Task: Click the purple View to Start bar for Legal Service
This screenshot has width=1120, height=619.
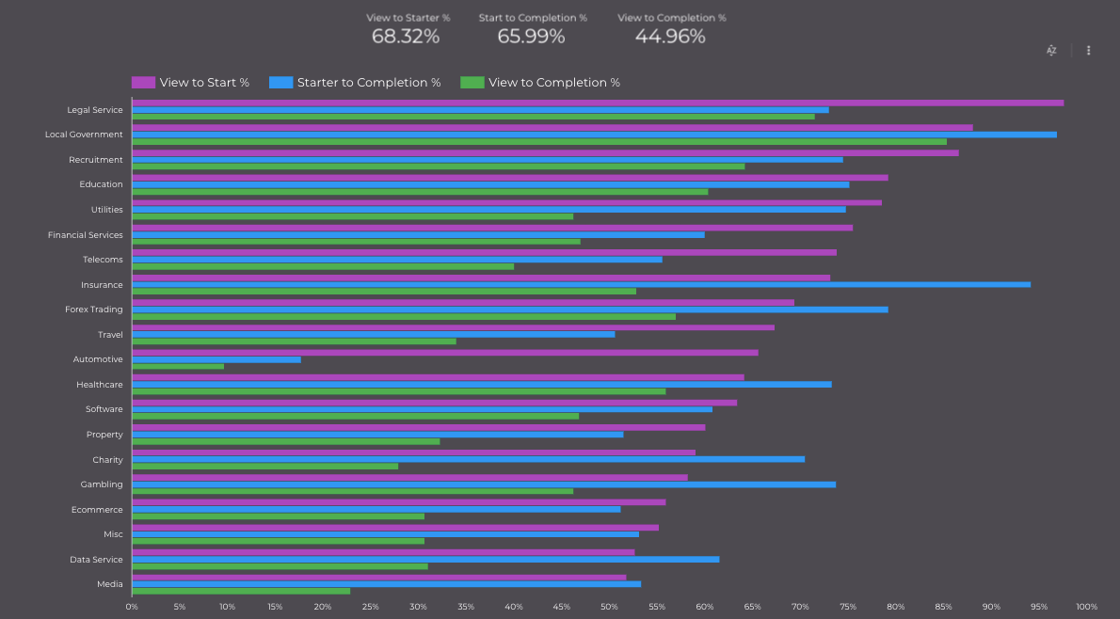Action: (x=598, y=103)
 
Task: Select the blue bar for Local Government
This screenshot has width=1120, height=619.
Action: (x=594, y=135)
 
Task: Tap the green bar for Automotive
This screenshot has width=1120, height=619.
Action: (x=178, y=366)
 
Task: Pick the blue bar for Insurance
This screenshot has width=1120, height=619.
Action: (x=581, y=284)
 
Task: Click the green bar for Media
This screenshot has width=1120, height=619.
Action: (x=241, y=591)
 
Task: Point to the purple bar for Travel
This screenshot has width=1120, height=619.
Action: (x=453, y=327)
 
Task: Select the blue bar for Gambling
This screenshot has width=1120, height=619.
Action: (x=484, y=484)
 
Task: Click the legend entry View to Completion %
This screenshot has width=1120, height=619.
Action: (x=553, y=83)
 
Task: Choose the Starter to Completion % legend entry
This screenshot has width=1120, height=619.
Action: (x=368, y=83)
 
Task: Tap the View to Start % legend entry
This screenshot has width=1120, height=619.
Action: (x=203, y=83)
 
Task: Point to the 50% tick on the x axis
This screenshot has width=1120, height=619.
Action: (x=609, y=607)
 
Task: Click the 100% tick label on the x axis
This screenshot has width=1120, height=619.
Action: (x=1086, y=607)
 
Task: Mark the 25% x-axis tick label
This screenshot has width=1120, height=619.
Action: (x=370, y=607)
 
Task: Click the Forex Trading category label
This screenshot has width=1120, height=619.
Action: (x=93, y=309)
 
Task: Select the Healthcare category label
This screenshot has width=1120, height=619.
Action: (x=99, y=385)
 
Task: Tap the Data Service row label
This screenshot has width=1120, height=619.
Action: (x=96, y=560)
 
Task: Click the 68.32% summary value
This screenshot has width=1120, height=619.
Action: (x=406, y=37)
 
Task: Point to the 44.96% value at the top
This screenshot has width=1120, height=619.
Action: (x=670, y=37)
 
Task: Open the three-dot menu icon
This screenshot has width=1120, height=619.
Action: (x=1089, y=51)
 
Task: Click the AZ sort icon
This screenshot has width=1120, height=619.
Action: (x=1052, y=51)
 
